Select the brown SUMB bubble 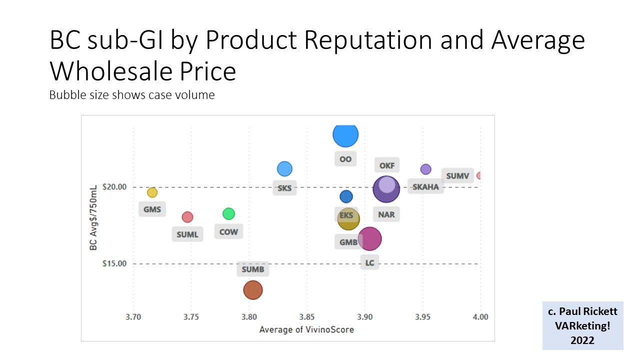pyautogui.click(x=253, y=290)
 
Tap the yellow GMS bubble pyautogui.click(x=152, y=192)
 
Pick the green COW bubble pyautogui.click(x=228, y=213)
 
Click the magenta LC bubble pyautogui.click(x=370, y=238)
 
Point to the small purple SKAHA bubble pyautogui.click(x=425, y=169)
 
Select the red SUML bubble pyautogui.click(x=187, y=217)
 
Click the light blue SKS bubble pyautogui.click(x=284, y=169)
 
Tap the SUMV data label pyautogui.click(x=457, y=176)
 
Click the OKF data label pyautogui.click(x=386, y=165)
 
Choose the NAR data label pyautogui.click(x=386, y=214)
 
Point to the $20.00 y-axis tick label pyautogui.click(x=114, y=187)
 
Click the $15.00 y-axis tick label pyautogui.click(x=114, y=263)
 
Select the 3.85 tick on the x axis pyautogui.click(x=307, y=317)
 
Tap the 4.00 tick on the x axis pyautogui.click(x=480, y=317)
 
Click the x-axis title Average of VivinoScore pyautogui.click(x=306, y=329)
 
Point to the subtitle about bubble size pyautogui.click(x=132, y=95)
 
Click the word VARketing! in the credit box pyautogui.click(x=582, y=325)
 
